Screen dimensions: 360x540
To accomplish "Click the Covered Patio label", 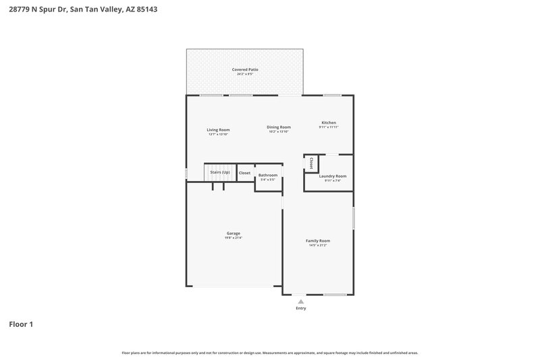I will tap(245, 69).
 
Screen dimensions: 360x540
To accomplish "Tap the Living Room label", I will tap(218, 130).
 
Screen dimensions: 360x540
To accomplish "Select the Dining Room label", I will tap(278, 127).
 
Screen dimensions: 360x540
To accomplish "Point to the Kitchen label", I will tap(329, 122).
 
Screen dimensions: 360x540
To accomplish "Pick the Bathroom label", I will tap(268, 176).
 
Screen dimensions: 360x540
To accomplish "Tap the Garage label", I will tap(233, 233).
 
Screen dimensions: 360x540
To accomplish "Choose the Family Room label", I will tap(318, 240).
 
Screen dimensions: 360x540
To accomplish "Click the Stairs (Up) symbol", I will tap(219, 173).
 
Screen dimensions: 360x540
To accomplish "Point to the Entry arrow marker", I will tap(301, 301).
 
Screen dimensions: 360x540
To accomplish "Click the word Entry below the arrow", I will tap(301, 309).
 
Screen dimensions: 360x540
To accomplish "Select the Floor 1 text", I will tap(21, 325).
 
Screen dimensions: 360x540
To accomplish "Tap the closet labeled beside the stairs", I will tap(244, 173).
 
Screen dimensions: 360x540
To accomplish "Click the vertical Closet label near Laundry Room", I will tap(310, 163).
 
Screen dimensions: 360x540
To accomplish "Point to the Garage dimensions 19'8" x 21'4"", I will tap(233, 238).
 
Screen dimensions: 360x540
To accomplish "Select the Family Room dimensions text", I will tap(318, 245).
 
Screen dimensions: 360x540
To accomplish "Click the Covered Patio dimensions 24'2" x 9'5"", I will tap(245, 74).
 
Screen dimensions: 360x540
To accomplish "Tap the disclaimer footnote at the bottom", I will tap(270, 353).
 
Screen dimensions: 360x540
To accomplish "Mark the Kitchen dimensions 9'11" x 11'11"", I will tap(329, 127).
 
